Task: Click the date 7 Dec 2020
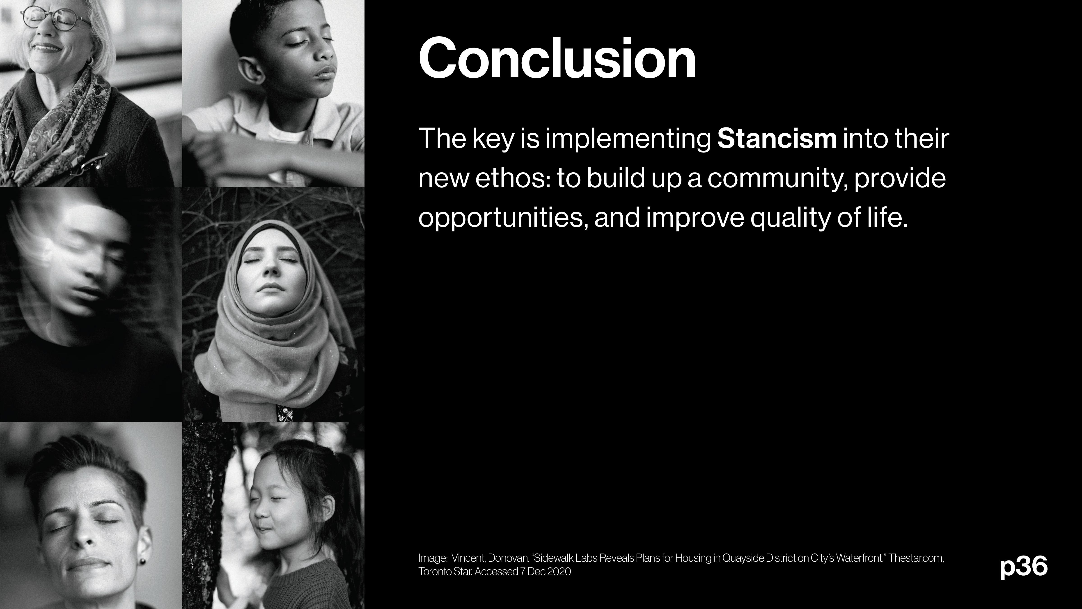[546, 572]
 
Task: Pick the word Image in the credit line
[432, 558]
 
